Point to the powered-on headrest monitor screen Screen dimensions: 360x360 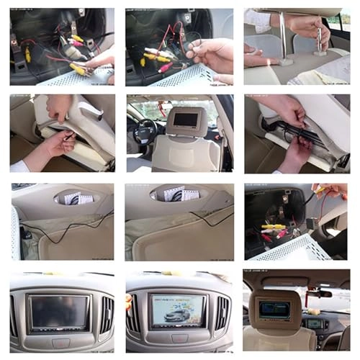click(x=275, y=307)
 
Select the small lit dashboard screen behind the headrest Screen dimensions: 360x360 click(x=315, y=323)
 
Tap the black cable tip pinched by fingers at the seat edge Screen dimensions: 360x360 click(x=68, y=135)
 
